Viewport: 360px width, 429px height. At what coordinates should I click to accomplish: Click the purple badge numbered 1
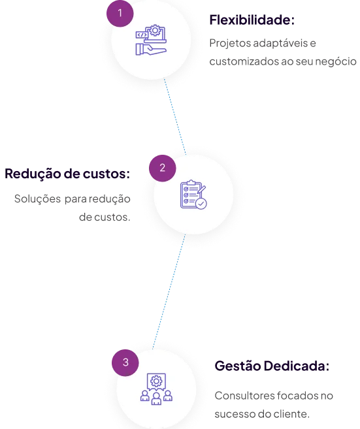[x=120, y=14]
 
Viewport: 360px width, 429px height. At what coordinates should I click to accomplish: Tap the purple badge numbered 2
[x=162, y=168]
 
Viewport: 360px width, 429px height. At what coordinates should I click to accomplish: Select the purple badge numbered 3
[x=125, y=362]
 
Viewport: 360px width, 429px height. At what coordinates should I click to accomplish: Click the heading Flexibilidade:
[x=252, y=20]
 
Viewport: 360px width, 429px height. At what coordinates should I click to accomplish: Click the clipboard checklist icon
[x=193, y=195]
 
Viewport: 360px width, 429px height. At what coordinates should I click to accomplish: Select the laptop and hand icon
[x=151, y=40]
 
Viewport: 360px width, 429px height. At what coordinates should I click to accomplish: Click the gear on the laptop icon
[x=155, y=30]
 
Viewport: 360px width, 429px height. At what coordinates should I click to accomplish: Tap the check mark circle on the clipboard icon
[x=201, y=204]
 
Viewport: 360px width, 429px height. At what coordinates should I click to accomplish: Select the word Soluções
[x=37, y=199]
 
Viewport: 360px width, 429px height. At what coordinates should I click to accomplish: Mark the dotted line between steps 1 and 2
[x=175, y=117]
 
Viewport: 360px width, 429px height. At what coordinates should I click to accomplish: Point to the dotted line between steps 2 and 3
[x=169, y=292]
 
